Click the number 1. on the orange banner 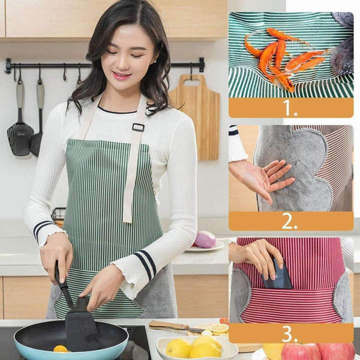(x=290, y=108)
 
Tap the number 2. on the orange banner (x=290, y=221)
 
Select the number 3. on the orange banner (x=290, y=333)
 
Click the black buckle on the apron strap (x=138, y=127)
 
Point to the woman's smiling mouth (x=122, y=76)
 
